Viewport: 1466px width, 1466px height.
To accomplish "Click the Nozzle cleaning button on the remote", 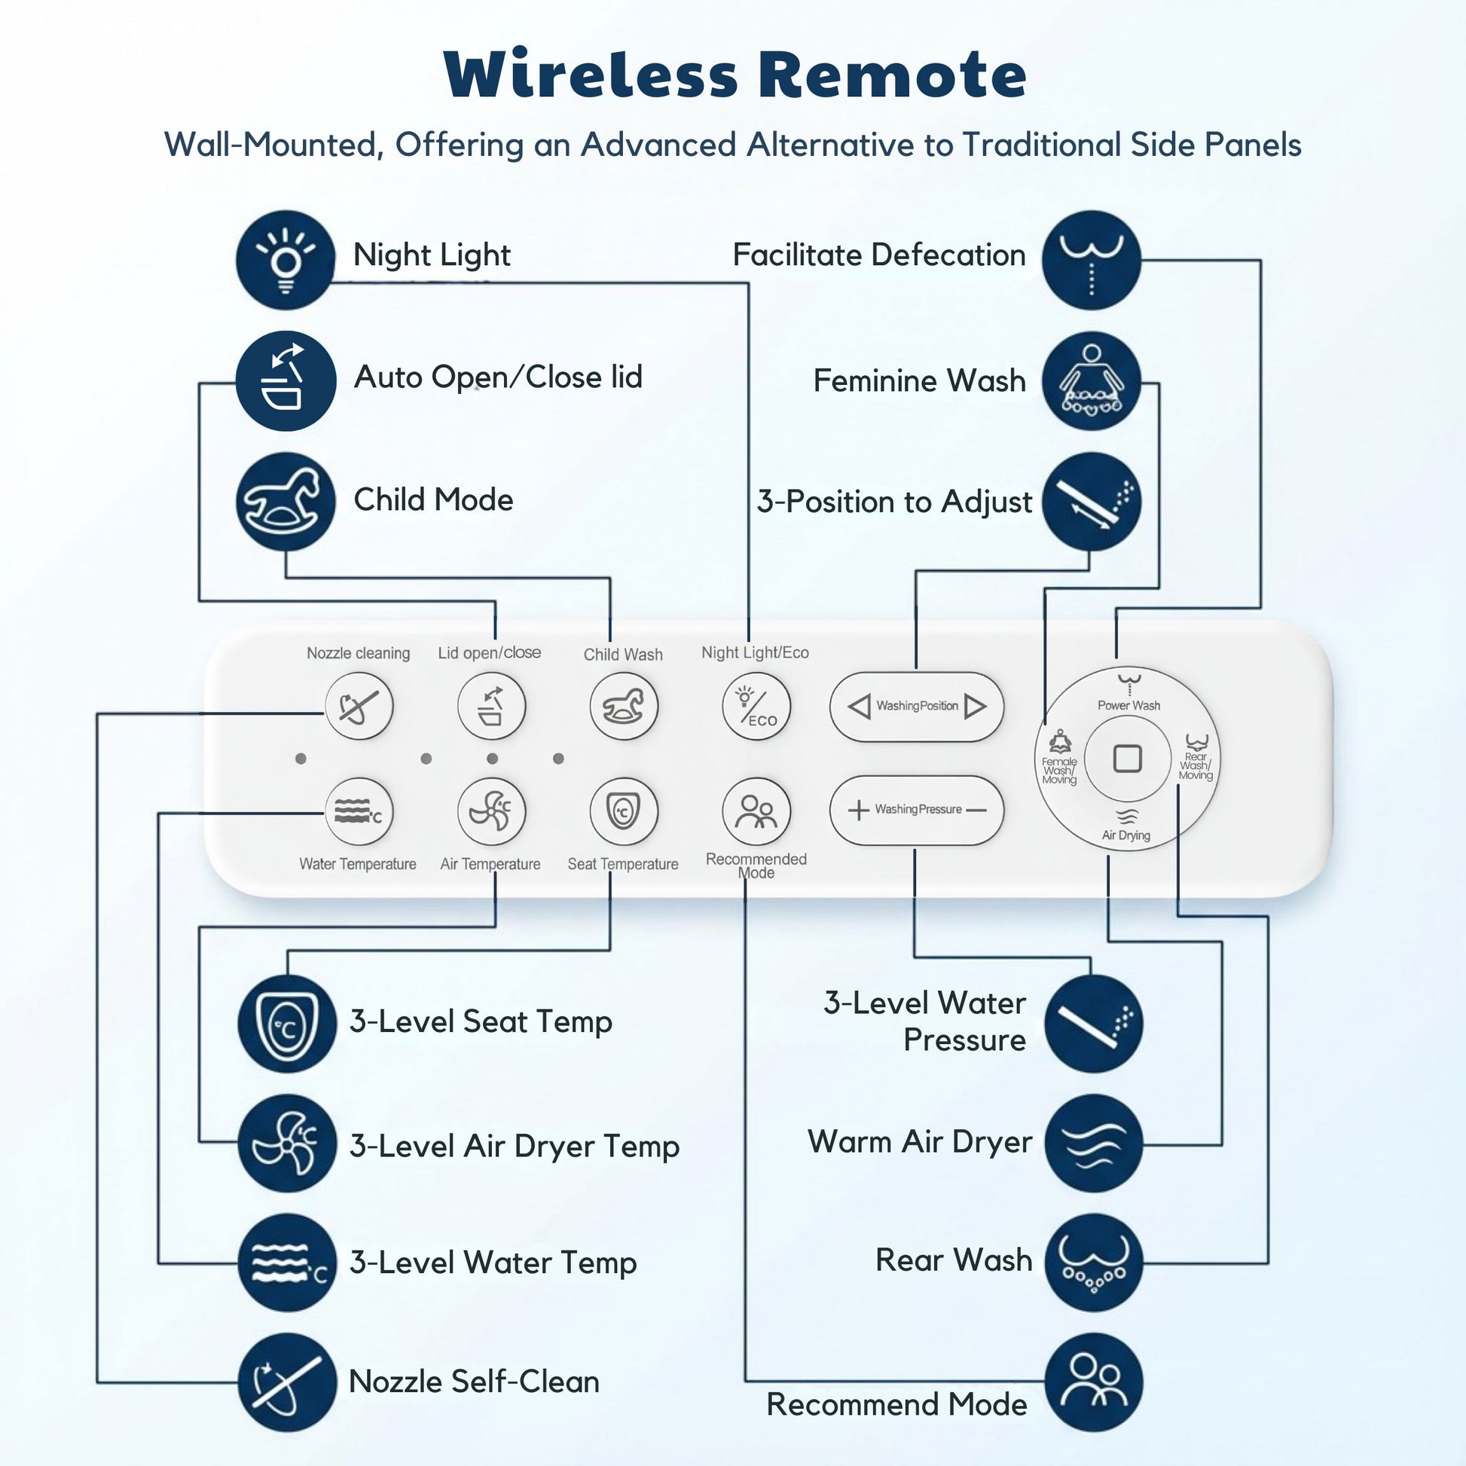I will [359, 707].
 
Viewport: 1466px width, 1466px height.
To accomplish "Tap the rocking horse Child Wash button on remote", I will [624, 707].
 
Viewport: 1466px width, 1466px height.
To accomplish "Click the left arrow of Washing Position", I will [859, 707].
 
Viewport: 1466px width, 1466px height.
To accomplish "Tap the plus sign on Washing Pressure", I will [858, 810].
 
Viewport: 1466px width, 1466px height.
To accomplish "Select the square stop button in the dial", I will [1127, 758].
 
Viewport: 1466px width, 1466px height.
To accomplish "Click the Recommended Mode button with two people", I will [756, 811].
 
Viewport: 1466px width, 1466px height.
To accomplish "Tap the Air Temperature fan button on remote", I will [491, 811].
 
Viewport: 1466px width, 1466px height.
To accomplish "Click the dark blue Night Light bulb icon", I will [286, 259].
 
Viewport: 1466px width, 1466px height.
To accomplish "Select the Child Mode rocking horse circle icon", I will [286, 502].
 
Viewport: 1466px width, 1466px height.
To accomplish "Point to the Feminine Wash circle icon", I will [1091, 381].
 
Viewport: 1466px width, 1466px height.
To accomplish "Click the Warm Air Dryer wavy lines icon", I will [1093, 1143].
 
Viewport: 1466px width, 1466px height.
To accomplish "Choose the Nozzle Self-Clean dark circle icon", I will [287, 1382].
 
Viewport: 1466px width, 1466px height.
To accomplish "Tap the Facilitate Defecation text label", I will [878, 255].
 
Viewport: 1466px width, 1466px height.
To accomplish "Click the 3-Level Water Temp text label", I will [493, 1263].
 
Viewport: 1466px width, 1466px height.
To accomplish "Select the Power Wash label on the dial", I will [1129, 705].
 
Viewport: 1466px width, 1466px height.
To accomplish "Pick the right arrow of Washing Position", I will [976, 707].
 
